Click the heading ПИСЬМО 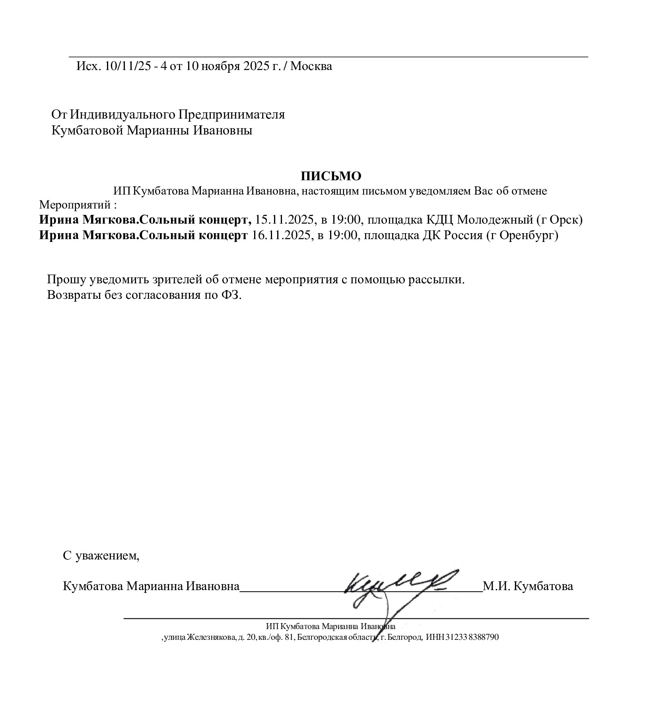coord(331,175)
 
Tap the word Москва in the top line coord(311,66)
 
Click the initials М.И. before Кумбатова coord(496,586)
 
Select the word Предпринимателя coord(231,115)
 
